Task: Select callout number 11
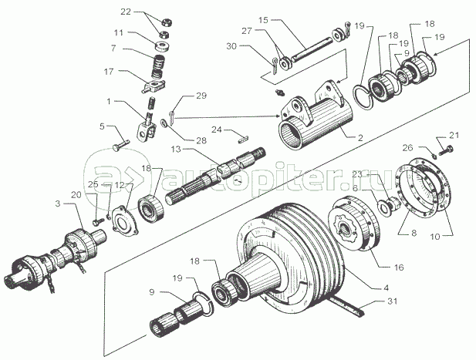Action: click(x=118, y=33)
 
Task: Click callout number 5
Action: click(x=101, y=126)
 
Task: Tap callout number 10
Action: click(x=434, y=237)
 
